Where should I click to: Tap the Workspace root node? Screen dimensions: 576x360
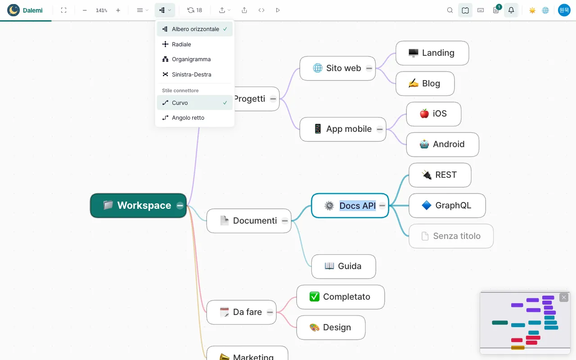138,206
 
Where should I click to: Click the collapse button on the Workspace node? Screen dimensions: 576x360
180,206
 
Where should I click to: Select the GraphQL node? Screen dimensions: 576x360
447,206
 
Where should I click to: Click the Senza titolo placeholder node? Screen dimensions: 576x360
451,236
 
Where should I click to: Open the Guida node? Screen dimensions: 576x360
343,266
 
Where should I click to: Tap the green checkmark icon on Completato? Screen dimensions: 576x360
314,297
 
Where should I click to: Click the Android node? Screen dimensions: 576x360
442,144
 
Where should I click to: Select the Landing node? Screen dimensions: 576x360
432,53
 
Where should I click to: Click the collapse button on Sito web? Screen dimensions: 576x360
369,68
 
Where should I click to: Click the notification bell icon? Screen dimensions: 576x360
511,10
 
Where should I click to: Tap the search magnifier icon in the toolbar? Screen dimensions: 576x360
450,10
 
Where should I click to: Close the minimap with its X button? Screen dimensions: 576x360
564,297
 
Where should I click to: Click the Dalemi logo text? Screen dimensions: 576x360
33,10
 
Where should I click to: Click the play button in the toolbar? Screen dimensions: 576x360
278,10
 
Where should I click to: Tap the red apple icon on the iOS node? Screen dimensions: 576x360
424,114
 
